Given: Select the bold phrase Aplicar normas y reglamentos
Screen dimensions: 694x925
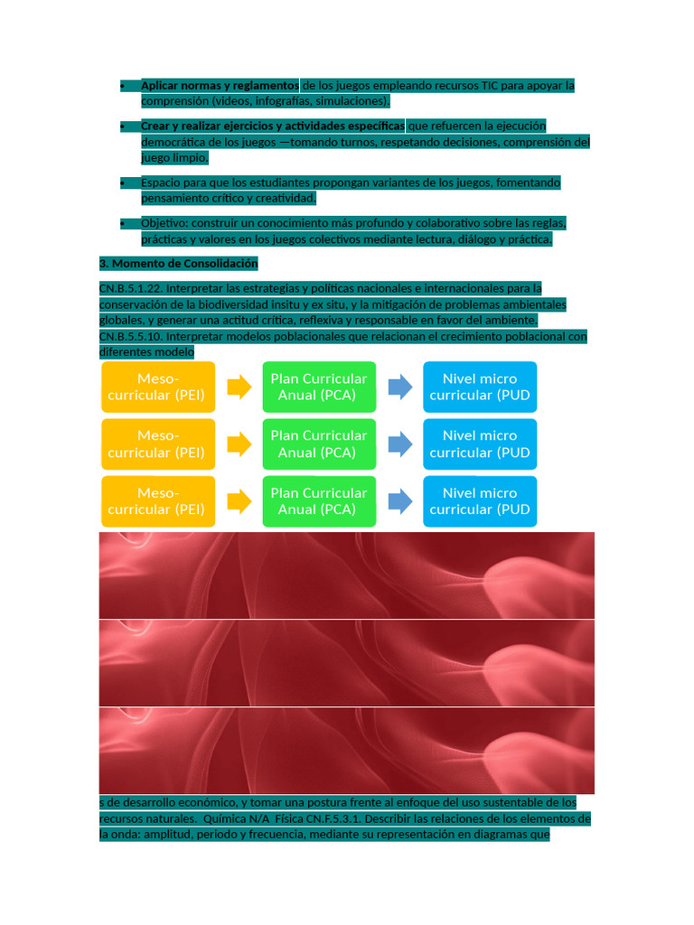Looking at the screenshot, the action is tap(219, 85).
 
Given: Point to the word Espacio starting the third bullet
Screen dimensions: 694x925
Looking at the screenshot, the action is tap(161, 182).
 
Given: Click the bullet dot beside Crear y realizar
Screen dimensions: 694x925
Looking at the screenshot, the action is tap(122, 126).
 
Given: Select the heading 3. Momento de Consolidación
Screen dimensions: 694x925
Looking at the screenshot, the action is tap(178, 264).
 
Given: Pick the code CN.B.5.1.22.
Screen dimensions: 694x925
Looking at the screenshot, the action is tap(130, 288).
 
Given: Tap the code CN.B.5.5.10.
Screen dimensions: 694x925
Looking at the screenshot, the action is tap(131, 336).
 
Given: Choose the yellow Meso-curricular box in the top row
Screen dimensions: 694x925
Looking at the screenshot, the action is tap(158, 387).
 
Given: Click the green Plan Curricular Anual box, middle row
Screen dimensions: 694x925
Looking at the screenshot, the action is tap(319, 444).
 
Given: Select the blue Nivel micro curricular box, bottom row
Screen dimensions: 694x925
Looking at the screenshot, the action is tap(480, 500).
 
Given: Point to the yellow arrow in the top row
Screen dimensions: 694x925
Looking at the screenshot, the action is tap(239, 387).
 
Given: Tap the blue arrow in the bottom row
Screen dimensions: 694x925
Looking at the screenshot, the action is tap(400, 500).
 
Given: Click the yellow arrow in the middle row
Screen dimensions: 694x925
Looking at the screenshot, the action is tap(239, 444).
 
